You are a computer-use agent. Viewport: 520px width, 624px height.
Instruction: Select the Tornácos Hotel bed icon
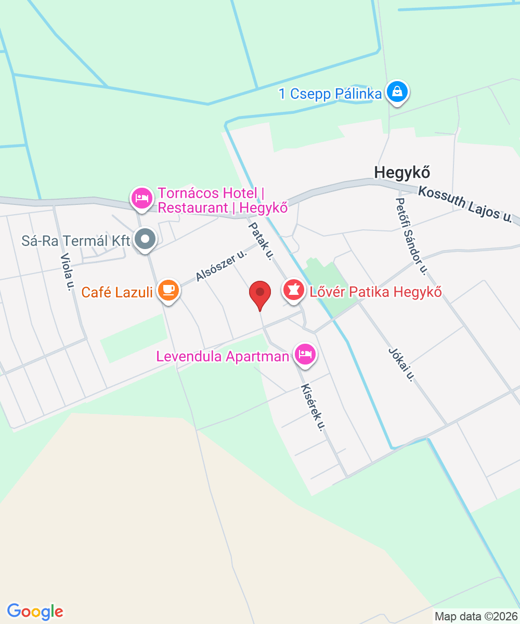tap(142, 198)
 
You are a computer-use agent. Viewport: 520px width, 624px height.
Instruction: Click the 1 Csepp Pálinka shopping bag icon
tap(397, 92)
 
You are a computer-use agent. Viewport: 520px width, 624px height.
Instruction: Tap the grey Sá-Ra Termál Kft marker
tap(146, 240)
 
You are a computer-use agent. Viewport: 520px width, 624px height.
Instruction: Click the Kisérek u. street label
tap(314, 408)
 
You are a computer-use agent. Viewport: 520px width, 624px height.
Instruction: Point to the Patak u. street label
tap(261, 240)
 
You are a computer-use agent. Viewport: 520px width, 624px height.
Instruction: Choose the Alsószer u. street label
tap(220, 266)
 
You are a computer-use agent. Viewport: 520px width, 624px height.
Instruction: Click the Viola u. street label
tap(66, 272)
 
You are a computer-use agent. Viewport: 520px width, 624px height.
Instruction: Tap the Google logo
tap(35, 612)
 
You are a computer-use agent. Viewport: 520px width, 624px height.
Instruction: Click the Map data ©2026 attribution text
tap(475, 617)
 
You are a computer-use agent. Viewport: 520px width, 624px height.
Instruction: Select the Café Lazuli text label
tap(117, 292)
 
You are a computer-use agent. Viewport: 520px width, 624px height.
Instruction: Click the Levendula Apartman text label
tap(223, 357)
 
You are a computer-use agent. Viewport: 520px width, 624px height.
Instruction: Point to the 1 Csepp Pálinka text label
tap(331, 94)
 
